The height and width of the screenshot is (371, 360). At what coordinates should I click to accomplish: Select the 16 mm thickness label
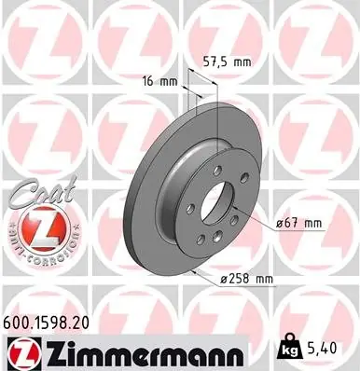click(159, 82)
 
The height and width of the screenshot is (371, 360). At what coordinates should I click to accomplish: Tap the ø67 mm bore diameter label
click(298, 223)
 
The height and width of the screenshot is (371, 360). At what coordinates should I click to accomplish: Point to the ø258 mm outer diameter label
click(246, 279)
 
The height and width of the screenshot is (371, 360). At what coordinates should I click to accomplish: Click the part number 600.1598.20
click(46, 323)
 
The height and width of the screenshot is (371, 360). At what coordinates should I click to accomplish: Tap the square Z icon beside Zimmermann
click(27, 354)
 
